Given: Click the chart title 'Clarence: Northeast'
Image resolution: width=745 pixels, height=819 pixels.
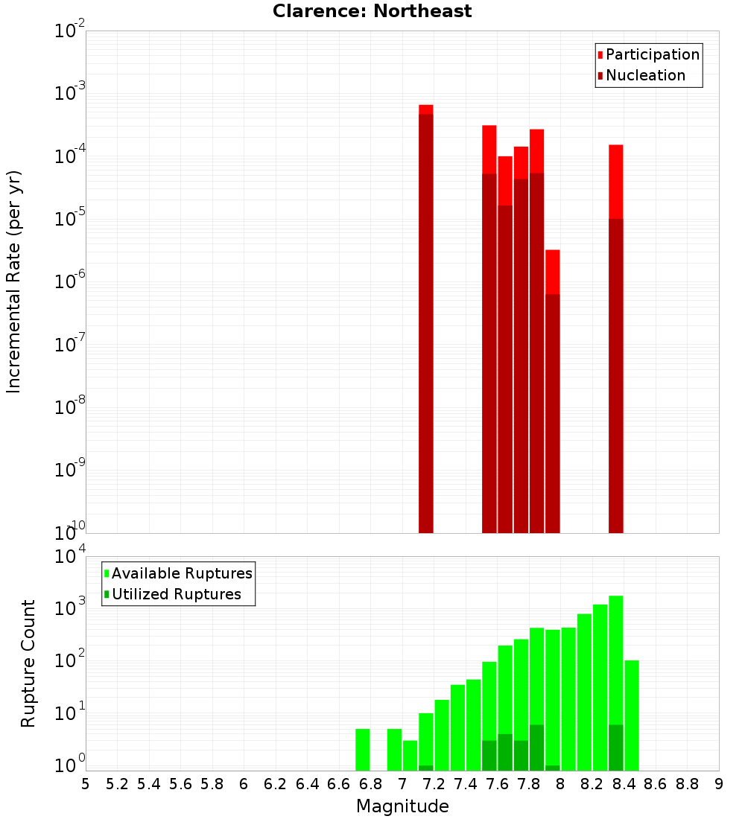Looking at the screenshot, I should click(x=372, y=11).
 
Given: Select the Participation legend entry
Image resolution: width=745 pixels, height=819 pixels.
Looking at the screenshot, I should click(x=648, y=55).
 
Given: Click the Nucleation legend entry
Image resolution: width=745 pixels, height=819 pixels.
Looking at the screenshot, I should click(x=641, y=76).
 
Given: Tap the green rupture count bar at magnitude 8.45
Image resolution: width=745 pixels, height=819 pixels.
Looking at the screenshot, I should click(x=632, y=716).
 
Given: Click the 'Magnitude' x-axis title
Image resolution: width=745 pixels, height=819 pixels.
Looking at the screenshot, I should click(x=402, y=806).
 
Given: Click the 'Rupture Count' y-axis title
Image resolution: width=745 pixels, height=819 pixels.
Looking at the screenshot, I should click(x=28, y=663).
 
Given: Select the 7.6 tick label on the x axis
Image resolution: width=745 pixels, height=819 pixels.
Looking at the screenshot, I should click(x=497, y=784).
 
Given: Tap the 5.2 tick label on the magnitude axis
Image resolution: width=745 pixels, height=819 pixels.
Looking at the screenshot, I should click(x=117, y=784).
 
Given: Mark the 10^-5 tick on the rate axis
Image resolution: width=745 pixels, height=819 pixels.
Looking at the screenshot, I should click(x=69, y=218).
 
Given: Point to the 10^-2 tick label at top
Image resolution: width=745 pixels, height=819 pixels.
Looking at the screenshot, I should click(x=69, y=31).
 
